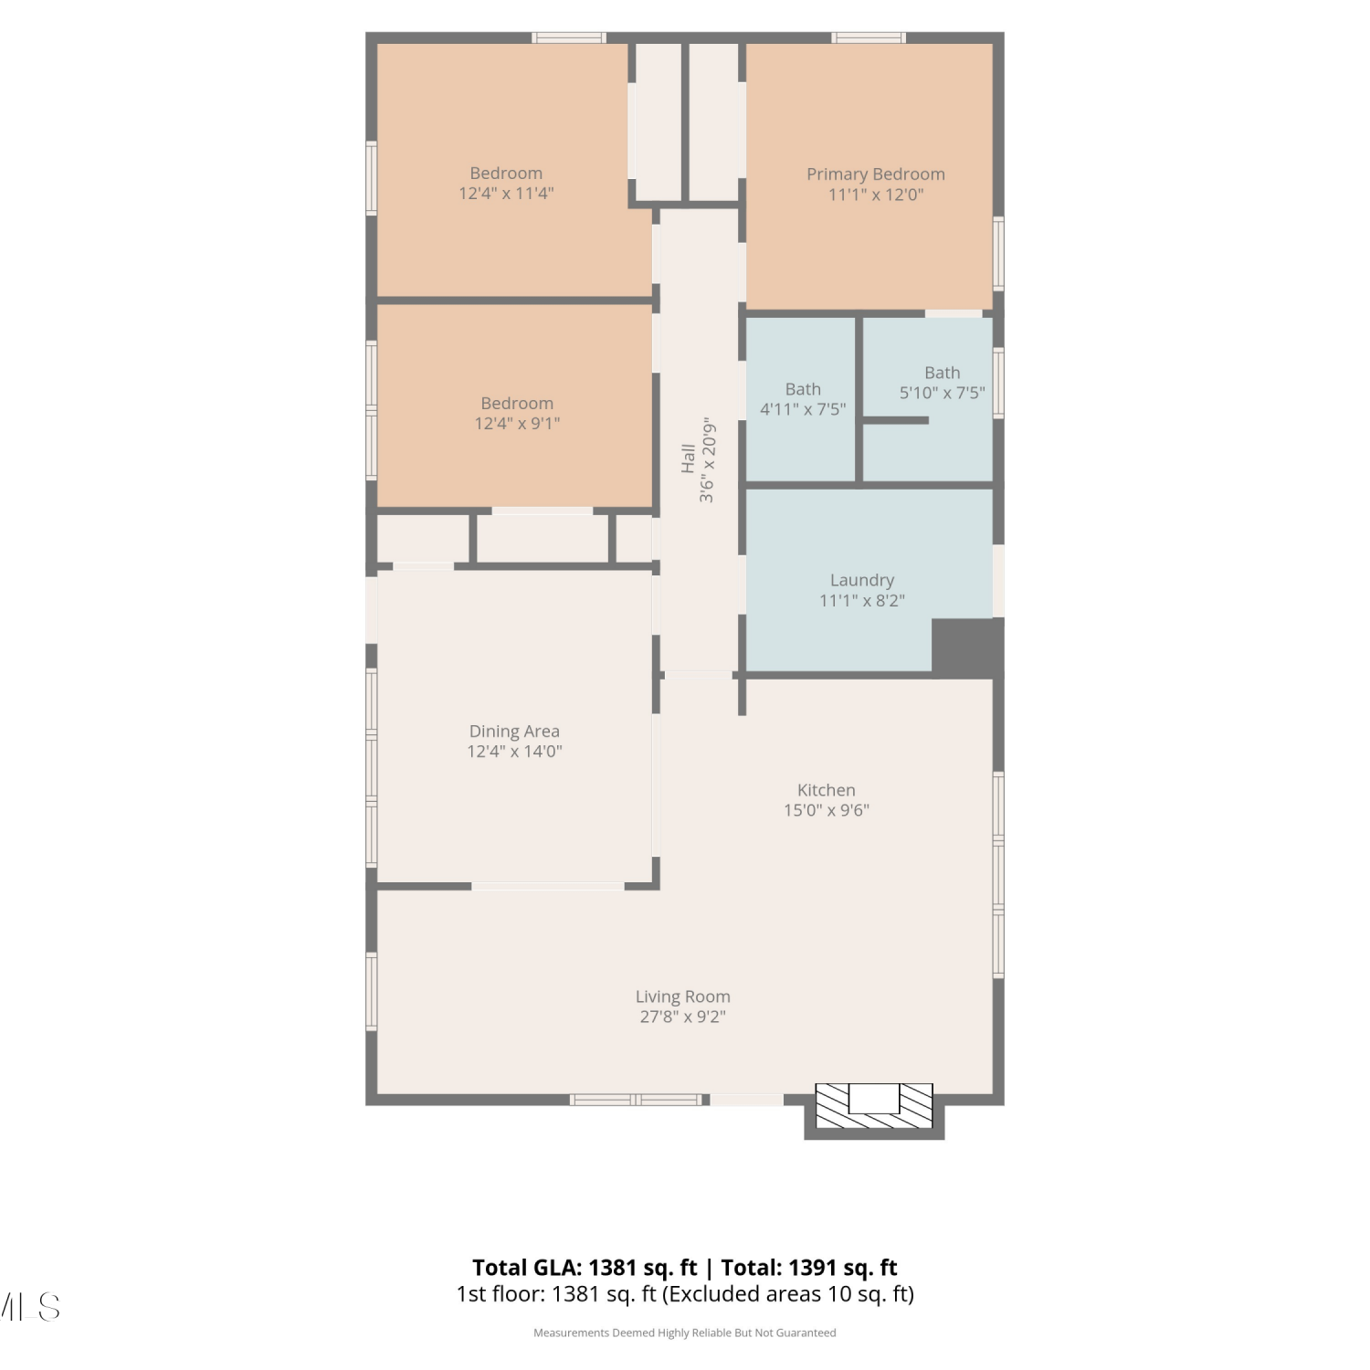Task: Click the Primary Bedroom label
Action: pos(875,174)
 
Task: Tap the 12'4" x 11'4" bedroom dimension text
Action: pos(506,194)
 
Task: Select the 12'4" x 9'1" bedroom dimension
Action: pos(517,424)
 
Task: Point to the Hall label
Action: pos(688,458)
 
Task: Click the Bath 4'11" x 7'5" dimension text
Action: pos(803,409)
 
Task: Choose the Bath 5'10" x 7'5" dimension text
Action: pos(942,393)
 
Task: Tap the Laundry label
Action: pos(862,580)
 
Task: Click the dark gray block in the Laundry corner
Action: pos(967,648)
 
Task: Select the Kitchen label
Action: pos(826,790)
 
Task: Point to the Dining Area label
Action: pos(514,732)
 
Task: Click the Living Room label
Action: pos(683,996)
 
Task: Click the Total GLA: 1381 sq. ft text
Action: pos(585,1268)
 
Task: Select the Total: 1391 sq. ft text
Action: pos(809,1268)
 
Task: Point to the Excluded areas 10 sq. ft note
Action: pos(788,1294)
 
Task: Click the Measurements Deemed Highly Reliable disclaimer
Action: pos(685,1333)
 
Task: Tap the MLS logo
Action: pos(29,1307)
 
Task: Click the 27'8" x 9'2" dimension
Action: pos(683,1017)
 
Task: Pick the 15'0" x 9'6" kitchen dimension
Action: pos(827,810)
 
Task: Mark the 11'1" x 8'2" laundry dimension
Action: pos(862,601)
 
